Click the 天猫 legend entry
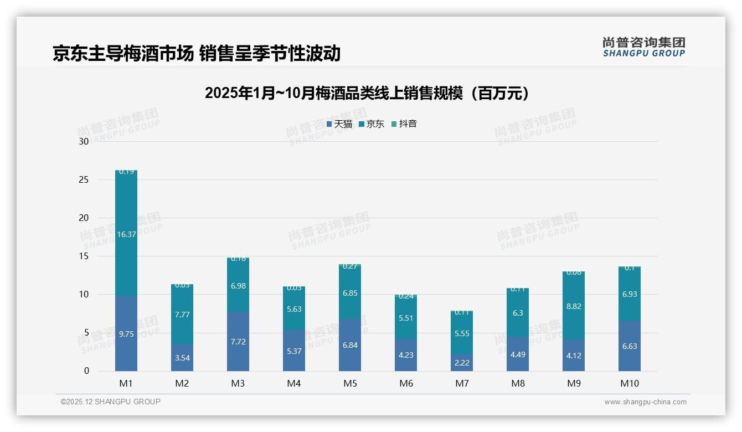(x=339, y=124)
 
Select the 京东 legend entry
(x=372, y=124)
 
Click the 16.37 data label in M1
(x=126, y=234)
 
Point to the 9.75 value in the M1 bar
(x=126, y=334)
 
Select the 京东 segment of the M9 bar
(x=574, y=306)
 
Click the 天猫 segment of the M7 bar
(x=462, y=362)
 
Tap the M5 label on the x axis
(x=350, y=383)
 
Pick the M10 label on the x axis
(x=629, y=383)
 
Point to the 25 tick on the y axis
(x=84, y=179)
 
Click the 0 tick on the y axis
(x=86, y=371)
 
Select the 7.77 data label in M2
(x=182, y=315)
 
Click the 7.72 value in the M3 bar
(x=238, y=342)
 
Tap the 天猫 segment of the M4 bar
(x=294, y=351)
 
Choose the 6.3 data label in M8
(x=518, y=313)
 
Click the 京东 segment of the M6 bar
(x=406, y=318)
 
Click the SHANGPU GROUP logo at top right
(x=643, y=47)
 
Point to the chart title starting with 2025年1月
(x=367, y=93)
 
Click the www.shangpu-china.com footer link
(x=645, y=402)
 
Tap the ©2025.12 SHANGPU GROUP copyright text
(x=111, y=402)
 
